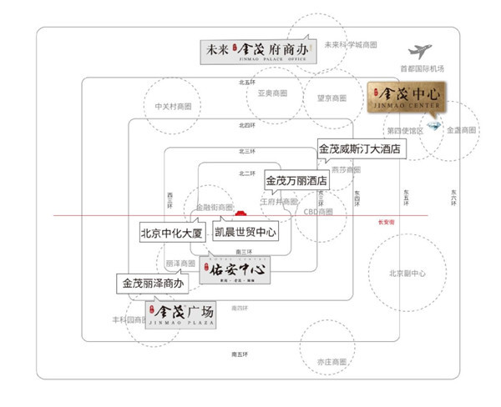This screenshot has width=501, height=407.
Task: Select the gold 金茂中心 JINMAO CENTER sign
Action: click(x=407, y=98)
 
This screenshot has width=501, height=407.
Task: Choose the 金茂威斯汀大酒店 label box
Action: click(x=360, y=150)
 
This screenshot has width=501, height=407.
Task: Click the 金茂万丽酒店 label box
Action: click(x=296, y=179)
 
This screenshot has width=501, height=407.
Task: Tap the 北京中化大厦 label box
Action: click(x=172, y=233)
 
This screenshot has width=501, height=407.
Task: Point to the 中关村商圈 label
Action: click(x=174, y=106)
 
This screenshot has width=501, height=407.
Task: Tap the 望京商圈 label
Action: click(x=331, y=98)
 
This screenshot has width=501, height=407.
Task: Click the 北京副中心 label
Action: click(x=407, y=273)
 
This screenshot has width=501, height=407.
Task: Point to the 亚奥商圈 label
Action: click(x=272, y=93)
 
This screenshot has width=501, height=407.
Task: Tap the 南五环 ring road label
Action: click(x=241, y=354)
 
